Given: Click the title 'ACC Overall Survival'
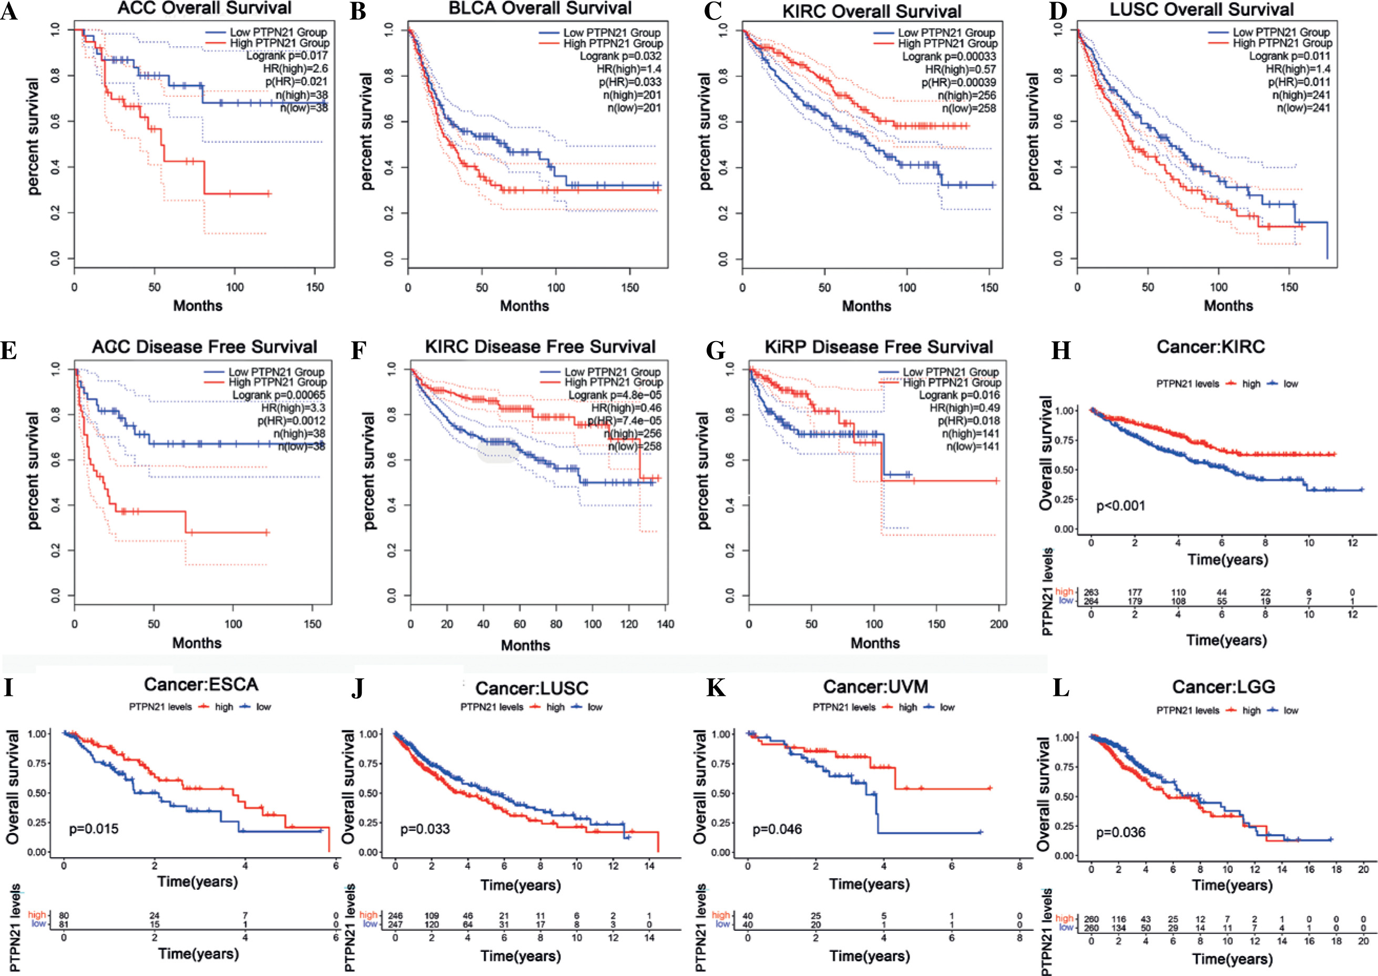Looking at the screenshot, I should tap(205, 8).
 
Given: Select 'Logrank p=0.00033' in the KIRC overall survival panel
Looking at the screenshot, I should tap(949, 56).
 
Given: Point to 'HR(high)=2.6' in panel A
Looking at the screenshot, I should tap(295, 68).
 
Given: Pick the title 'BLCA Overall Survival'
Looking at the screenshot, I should tap(540, 8).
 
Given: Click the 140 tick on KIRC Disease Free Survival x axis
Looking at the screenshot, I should tap(666, 624).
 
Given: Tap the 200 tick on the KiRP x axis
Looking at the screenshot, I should tap(998, 624).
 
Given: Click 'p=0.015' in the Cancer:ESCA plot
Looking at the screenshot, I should tap(94, 829).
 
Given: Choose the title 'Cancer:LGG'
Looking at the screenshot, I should tap(1223, 686).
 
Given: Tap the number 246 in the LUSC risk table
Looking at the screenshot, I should tap(395, 916).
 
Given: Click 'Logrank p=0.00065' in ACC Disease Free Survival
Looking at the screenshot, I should tap(279, 395).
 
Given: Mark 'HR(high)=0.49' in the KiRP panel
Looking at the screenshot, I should tap(964, 408).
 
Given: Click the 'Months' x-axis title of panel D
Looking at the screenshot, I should tap(1228, 306).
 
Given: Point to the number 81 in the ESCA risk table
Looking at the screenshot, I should tap(64, 924).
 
